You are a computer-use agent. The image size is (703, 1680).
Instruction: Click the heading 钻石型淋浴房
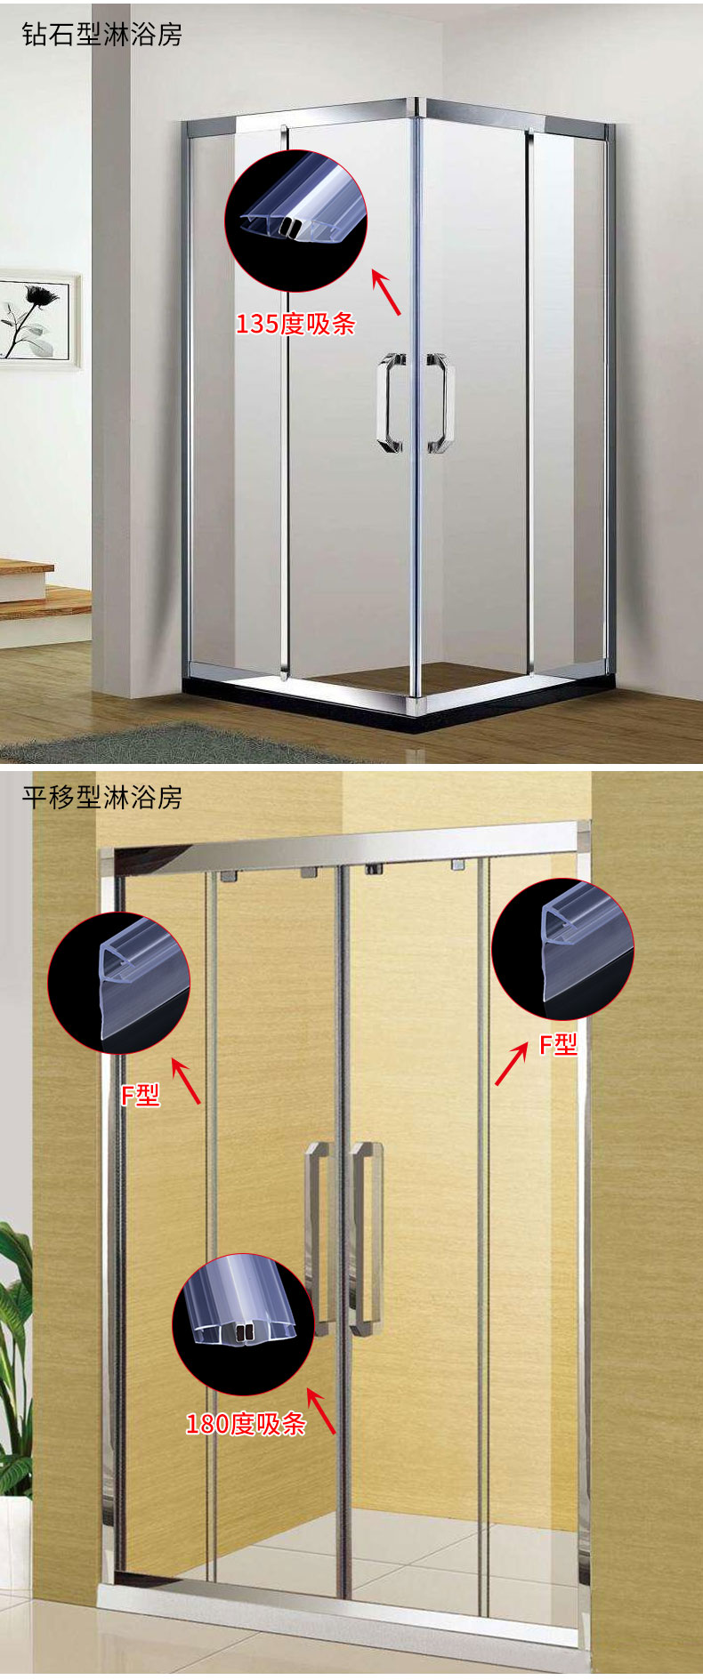click(101, 35)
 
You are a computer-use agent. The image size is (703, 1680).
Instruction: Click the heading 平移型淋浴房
click(101, 797)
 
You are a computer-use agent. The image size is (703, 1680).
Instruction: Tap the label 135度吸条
click(295, 324)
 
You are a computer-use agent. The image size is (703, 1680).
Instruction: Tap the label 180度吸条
click(246, 1424)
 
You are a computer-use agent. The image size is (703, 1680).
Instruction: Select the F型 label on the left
click(141, 1095)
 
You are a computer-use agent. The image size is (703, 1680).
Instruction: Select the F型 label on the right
click(559, 1044)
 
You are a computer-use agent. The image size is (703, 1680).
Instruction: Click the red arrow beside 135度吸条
click(386, 293)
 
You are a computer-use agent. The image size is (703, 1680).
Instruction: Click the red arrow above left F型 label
click(186, 1081)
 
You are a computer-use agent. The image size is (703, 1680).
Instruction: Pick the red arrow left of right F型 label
click(511, 1065)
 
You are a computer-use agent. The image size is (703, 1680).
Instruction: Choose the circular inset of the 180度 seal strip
click(243, 1324)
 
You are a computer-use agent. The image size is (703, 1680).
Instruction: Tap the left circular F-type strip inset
click(118, 983)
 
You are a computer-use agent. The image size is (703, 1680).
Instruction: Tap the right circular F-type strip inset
click(562, 948)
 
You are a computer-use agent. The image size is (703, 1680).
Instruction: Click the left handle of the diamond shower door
click(391, 403)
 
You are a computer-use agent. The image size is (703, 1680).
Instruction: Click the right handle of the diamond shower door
click(440, 403)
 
